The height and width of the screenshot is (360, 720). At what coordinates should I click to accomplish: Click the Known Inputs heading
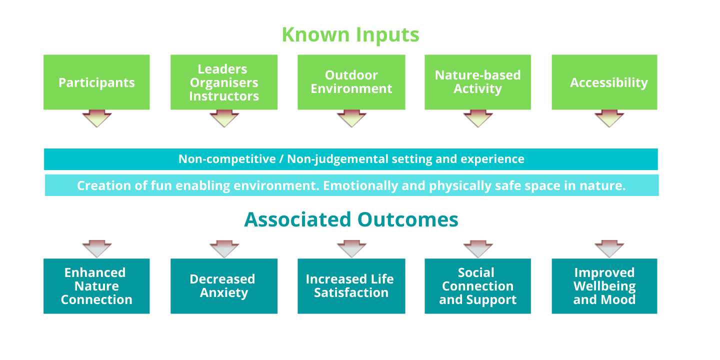click(350, 35)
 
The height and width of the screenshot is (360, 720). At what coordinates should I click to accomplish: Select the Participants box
click(96, 82)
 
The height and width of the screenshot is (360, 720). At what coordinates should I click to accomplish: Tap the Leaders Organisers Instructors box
click(224, 82)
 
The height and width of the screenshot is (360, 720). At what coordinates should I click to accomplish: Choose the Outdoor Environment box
click(351, 82)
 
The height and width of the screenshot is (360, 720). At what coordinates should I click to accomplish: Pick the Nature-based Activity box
click(477, 82)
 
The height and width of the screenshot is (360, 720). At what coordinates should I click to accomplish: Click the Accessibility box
click(604, 82)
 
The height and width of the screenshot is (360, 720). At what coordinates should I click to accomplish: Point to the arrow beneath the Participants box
click(96, 119)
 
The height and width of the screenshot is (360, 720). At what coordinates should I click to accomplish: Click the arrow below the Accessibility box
click(609, 119)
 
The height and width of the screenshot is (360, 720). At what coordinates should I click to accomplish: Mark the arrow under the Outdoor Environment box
click(351, 119)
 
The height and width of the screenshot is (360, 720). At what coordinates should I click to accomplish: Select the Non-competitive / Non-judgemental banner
click(351, 159)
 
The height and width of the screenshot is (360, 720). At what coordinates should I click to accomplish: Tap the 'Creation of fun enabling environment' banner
click(351, 185)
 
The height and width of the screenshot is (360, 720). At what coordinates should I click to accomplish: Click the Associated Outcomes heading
click(351, 219)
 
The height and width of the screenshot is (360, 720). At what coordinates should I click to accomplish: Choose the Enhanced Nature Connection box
click(96, 286)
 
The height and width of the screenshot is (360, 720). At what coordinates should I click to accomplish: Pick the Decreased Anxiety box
click(224, 286)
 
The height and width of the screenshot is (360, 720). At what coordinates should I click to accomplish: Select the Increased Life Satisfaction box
click(351, 286)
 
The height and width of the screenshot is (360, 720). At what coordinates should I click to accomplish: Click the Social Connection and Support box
click(477, 286)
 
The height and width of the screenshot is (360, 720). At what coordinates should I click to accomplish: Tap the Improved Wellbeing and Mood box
click(604, 286)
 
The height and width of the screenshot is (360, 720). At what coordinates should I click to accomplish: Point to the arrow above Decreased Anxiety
click(224, 248)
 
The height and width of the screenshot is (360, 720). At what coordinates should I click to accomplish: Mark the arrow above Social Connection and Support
click(478, 248)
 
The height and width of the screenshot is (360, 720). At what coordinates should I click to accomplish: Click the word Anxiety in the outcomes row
click(224, 293)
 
